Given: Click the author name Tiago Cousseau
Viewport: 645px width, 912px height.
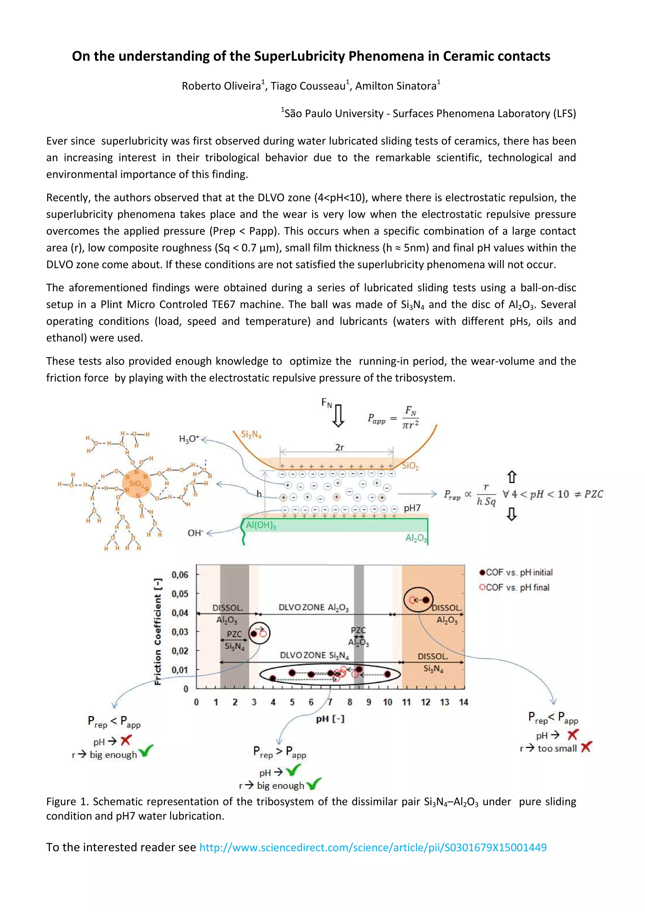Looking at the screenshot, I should (x=308, y=86).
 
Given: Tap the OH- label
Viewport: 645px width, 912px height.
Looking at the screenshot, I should (x=195, y=533).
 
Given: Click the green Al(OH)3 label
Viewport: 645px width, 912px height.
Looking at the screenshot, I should (x=261, y=525).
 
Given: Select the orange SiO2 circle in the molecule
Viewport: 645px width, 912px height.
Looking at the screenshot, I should (x=136, y=483).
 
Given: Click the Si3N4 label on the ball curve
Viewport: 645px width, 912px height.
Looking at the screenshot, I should (x=251, y=435).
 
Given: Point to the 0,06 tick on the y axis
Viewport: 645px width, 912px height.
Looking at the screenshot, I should (x=180, y=575).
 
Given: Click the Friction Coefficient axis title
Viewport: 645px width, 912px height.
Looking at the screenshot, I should (x=158, y=631).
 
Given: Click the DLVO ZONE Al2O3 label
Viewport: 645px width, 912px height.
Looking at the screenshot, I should (x=314, y=607).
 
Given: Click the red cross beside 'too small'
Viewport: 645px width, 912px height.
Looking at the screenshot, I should (x=586, y=747).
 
